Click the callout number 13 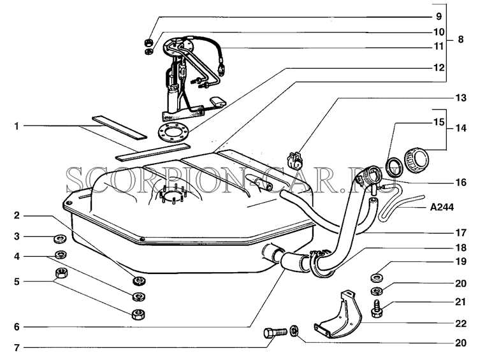pos(461,98)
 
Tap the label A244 pos(442,208)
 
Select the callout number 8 pos(460,40)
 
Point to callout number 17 pos(461,233)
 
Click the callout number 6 pos(17,327)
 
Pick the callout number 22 pos(461,324)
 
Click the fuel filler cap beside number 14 pos(416,161)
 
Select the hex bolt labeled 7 pos(275,332)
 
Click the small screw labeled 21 pos(377,309)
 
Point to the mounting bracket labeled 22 pos(338,315)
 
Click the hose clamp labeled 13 pos(295,160)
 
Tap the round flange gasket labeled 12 pos(173,131)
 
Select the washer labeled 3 pos(61,239)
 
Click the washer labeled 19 pos(377,278)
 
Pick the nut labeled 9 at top pos(148,42)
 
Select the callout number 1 pos(17,126)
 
